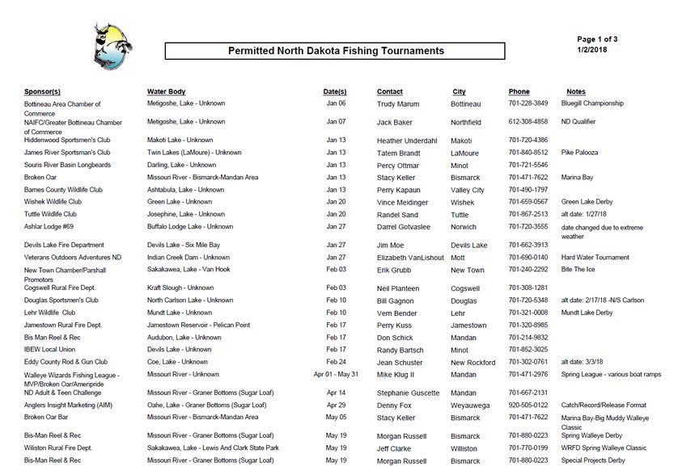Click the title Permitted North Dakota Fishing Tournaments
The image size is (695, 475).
[336, 51]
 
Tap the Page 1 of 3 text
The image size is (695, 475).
[597, 39]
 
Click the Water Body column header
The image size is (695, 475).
[166, 92]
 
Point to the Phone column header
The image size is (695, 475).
[519, 92]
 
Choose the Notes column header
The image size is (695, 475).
[576, 92]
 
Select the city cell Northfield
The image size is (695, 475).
[466, 123]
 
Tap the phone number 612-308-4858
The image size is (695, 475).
[528, 122]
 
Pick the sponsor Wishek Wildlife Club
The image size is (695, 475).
[53, 202]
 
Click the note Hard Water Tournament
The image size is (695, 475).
[595, 257]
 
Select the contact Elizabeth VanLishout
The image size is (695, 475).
[410, 258]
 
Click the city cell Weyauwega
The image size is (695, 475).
[472, 405]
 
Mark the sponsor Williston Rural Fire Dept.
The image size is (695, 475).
[58, 448]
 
